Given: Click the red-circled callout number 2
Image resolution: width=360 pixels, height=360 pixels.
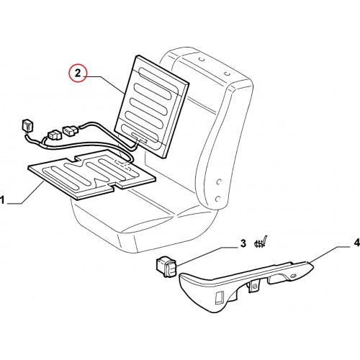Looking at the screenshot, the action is pos(78,73).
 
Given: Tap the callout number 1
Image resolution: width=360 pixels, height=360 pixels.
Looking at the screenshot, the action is pos(2,199).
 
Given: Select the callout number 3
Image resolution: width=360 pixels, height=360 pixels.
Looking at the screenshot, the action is pos(243,243).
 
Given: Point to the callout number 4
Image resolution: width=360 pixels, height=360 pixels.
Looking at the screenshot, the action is pos(356,243).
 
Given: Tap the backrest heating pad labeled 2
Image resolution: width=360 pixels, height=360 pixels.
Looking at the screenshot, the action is pos(152,107).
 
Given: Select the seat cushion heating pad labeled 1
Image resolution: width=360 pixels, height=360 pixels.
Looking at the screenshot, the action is pos(92,174).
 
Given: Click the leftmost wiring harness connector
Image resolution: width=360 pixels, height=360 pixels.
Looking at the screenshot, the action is pos(27,127).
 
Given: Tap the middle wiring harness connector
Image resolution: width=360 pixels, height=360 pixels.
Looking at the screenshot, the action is pos(54,135).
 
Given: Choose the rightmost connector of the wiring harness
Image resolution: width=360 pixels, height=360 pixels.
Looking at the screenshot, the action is pos(70,130).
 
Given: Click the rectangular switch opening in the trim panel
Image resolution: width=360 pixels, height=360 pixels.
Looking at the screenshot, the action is pos(220,297).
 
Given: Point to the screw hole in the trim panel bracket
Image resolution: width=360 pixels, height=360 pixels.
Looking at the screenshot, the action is pos(255,286).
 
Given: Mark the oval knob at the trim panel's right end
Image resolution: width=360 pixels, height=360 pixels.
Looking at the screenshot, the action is pos(293,276).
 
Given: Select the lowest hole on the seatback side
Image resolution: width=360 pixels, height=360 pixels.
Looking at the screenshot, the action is pos(218,199).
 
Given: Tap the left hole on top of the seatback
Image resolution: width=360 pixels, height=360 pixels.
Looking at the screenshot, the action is pos(202,59).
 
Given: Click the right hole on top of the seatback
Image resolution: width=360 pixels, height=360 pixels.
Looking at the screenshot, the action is pos(226,73).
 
